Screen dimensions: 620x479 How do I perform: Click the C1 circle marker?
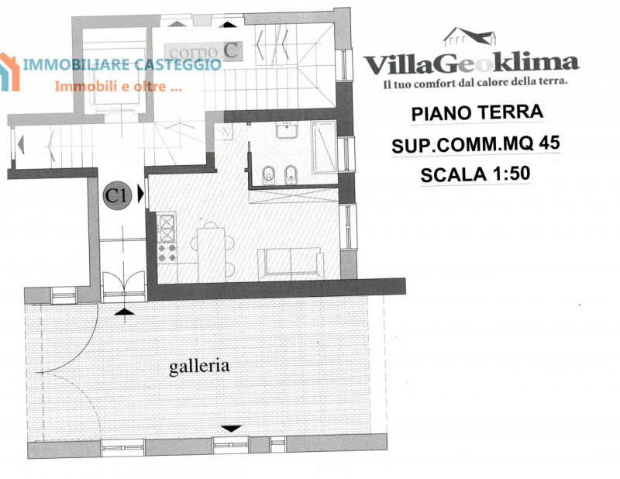(117, 195)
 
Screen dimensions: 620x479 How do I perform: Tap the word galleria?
(199, 367)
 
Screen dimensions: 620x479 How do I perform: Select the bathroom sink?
(287, 130)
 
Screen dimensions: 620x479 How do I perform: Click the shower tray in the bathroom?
(324, 146)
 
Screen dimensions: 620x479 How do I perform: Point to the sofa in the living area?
(291, 263)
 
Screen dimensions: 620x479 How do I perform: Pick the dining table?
(212, 255)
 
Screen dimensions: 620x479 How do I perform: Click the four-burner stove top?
(167, 253)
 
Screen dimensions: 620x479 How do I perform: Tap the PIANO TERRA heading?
(477, 112)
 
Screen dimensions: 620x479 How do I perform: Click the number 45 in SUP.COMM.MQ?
(549, 143)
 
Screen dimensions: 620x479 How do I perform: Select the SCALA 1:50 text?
(475, 174)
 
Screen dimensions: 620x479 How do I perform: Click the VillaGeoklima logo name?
(471, 64)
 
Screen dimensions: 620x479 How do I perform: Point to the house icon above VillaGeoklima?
(470, 36)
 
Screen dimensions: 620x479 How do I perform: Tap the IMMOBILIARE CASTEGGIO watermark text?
(122, 64)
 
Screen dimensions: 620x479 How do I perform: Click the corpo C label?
(203, 51)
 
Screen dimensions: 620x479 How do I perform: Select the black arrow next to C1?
(140, 194)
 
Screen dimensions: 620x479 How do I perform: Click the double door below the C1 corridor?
(124, 283)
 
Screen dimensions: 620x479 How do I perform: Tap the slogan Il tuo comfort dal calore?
(475, 83)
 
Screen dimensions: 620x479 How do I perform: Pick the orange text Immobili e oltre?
(119, 86)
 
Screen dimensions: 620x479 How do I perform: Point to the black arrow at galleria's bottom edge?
(231, 429)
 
